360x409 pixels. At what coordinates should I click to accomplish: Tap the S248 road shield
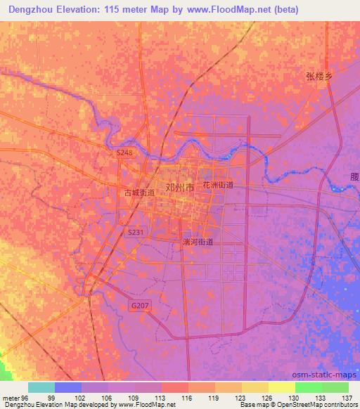[124, 152]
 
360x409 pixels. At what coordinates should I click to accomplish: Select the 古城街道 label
[140, 192]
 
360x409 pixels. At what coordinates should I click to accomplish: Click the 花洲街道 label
[218, 185]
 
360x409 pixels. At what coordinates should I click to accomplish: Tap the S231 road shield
[136, 232]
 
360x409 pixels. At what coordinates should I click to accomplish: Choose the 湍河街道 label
[198, 242]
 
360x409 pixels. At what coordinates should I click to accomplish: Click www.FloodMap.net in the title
[235, 10]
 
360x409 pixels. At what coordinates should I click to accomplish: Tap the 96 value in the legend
[26, 398]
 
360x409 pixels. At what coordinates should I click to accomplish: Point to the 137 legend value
[347, 398]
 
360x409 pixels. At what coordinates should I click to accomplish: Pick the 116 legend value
[188, 398]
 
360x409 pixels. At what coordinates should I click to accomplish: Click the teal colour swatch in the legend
[41, 387]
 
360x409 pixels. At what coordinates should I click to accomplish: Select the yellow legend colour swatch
[282, 387]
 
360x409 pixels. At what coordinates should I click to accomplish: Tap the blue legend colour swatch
[68, 387]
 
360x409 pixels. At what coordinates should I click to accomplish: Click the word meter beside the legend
[10, 398]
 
